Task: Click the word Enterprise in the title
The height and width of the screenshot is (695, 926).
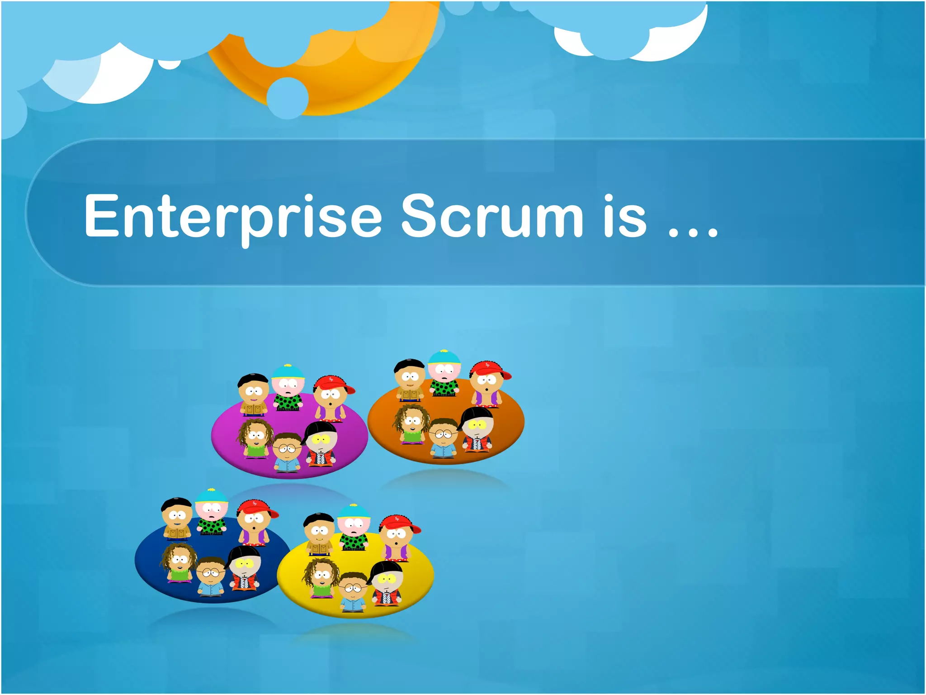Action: pos(233,216)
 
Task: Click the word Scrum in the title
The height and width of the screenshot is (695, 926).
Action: pos(492,216)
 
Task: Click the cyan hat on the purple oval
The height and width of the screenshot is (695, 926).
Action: pos(288,371)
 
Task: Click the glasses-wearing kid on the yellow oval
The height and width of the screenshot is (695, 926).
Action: pos(353,592)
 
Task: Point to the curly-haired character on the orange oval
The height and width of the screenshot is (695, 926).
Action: pos(411,424)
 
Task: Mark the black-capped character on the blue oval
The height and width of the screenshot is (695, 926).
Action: pos(245,567)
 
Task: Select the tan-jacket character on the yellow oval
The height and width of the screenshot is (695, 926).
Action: pos(319,534)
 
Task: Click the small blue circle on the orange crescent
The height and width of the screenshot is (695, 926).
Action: pos(287,98)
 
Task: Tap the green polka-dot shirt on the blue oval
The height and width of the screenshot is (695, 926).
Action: pos(211,525)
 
